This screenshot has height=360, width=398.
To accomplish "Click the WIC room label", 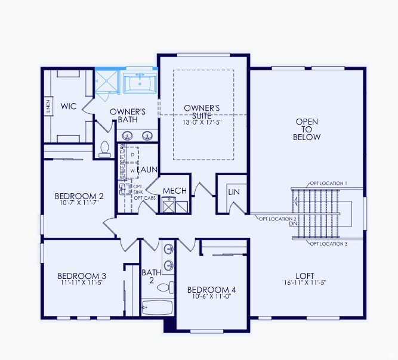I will click(x=67, y=107).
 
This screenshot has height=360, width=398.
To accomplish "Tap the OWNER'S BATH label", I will click(x=128, y=116).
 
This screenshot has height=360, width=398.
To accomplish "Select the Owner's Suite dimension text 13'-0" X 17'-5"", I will click(x=202, y=122).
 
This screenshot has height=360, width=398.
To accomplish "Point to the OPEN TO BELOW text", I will click(x=307, y=129).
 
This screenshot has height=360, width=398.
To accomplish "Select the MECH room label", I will click(x=175, y=191).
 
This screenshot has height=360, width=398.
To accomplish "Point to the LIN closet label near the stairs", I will click(x=233, y=192).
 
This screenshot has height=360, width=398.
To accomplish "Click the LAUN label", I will click(x=147, y=170).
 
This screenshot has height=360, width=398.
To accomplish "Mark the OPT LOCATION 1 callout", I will click(x=328, y=183).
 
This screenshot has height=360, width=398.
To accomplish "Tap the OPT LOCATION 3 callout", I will click(x=328, y=244).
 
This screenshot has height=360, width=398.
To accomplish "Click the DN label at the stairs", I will click(x=294, y=224).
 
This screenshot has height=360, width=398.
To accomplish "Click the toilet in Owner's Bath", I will click(x=106, y=149).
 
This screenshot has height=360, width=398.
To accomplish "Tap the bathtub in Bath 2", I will click(x=157, y=308).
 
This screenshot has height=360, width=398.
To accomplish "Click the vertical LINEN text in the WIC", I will click(x=48, y=107).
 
